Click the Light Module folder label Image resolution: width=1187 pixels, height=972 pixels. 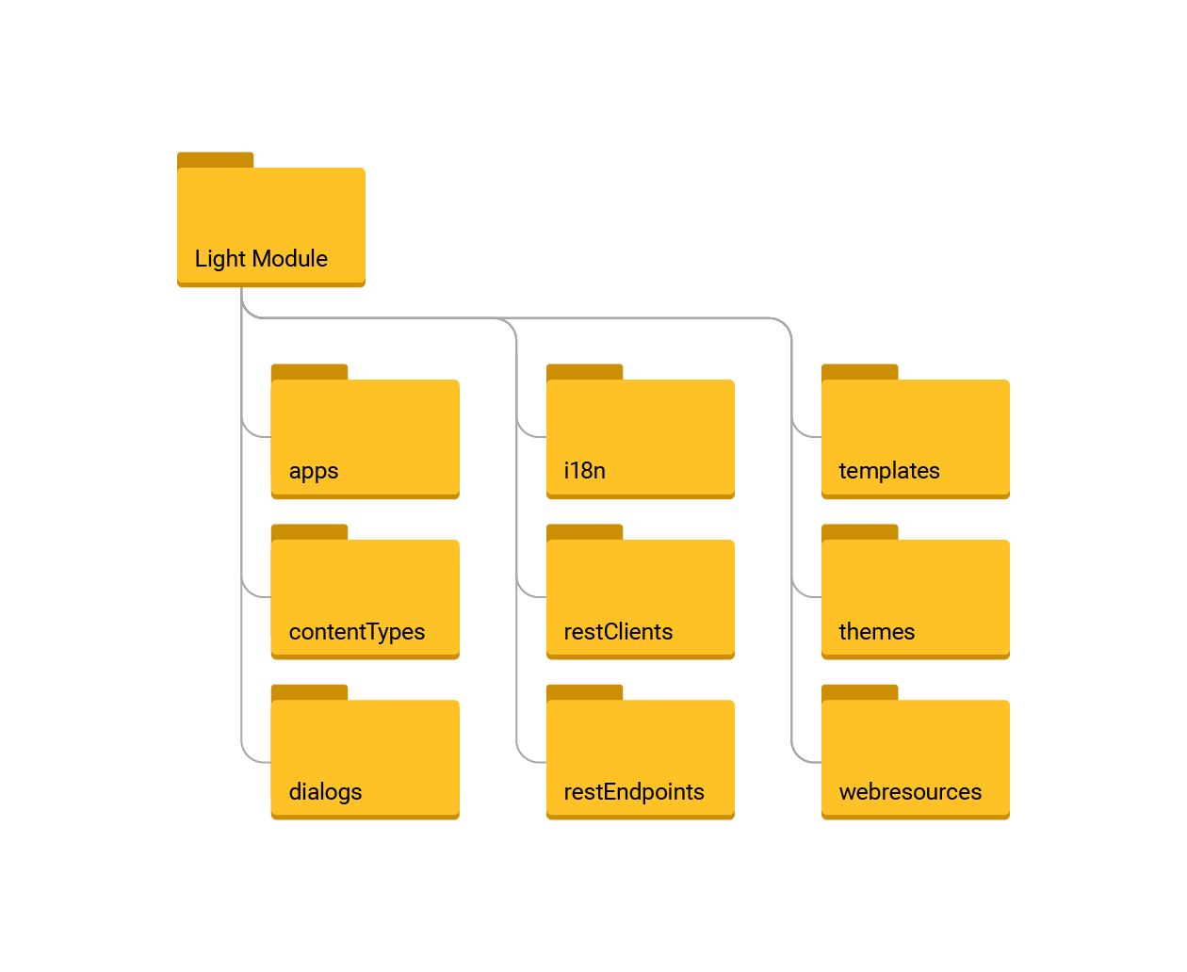coord(261,259)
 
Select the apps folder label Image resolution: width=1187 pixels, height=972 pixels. coord(313,471)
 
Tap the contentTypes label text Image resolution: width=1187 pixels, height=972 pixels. coord(356,632)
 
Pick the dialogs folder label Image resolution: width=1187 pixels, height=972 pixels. coord(325,792)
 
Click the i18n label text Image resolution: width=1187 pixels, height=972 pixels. coord(584,471)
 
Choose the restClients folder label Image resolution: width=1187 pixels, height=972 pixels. coord(618,632)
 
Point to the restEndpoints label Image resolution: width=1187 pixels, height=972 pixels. coord(633,792)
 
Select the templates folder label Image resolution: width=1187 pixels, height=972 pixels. coord(888,471)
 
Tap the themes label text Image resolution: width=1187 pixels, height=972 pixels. coord(876,632)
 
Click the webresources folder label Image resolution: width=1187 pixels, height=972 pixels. coord(910,792)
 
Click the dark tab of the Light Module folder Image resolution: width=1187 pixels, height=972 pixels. coord(216,159)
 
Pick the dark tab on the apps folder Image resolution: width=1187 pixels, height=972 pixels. coord(309,371)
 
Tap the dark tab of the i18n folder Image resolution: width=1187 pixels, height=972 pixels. coord(584,371)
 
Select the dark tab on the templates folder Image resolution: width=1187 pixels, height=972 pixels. coord(859,371)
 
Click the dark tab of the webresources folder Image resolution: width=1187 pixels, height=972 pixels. coord(859,691)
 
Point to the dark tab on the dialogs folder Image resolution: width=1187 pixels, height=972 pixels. coord(309,691)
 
